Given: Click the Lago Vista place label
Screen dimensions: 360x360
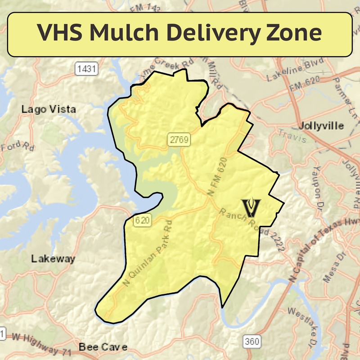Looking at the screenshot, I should [49, 109].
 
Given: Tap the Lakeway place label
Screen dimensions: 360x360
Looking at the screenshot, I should [53, 259].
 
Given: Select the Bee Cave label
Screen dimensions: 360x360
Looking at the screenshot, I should [103, 347].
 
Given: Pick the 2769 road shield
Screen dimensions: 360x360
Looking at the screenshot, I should [179, 139].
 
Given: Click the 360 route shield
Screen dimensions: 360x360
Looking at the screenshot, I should [252, 342].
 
